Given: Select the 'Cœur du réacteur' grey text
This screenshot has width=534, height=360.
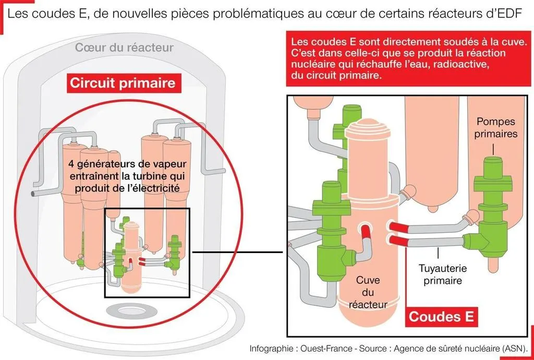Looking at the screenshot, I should click(x=124, y=48).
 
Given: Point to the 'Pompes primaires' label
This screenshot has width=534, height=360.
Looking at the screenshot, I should click(x=496, y=127).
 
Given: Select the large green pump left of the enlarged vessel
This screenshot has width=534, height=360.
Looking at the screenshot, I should click(x=329, y=224).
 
